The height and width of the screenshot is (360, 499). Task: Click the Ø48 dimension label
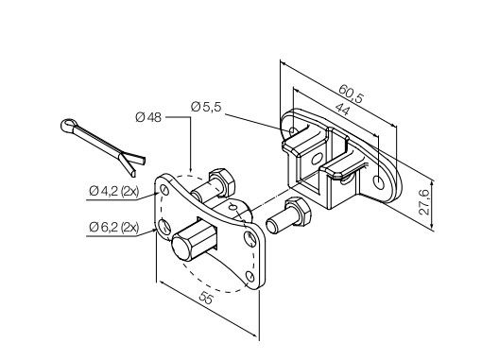(149, 117)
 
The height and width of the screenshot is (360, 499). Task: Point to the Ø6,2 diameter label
(104, 228)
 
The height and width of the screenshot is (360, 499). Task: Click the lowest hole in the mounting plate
(248, 276)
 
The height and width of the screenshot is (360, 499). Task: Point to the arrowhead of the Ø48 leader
(192, 171)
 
